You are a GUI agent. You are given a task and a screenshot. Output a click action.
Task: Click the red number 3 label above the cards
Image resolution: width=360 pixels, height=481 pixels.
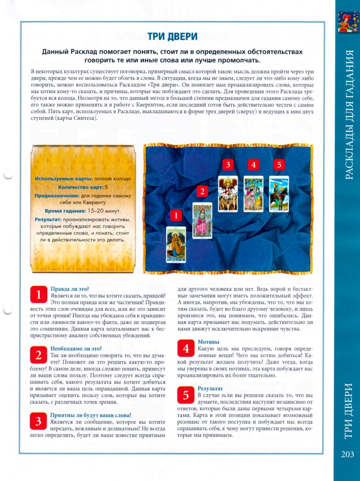[x=228, y=165]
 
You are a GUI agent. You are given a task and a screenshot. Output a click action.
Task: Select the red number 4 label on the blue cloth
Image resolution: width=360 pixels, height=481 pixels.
[x=254, y=165]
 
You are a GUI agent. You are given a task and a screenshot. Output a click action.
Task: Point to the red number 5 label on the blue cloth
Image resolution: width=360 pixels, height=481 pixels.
[x=279, y=165]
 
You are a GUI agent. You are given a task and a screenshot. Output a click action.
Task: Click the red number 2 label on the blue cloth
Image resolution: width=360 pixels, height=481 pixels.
[x=202, y=192]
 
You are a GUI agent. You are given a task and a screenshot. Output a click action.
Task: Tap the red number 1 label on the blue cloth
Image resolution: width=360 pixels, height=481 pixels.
[x=176, y=216]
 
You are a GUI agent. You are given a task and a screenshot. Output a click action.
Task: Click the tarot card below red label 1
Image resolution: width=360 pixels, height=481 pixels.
[x=176, y=244]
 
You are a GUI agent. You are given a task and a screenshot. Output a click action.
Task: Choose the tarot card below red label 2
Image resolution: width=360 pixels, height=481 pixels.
[x=202, y=220]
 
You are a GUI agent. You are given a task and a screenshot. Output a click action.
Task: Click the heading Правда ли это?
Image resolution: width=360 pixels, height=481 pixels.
[x=69, y=289]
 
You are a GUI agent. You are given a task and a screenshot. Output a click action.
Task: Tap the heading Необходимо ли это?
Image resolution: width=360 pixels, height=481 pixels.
[x=76, y=348]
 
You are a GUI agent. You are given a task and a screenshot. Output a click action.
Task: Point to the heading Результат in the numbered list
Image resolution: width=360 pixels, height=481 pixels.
[x=210, y=388]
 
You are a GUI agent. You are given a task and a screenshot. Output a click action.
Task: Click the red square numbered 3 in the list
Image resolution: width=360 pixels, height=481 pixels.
[x=38, y=421]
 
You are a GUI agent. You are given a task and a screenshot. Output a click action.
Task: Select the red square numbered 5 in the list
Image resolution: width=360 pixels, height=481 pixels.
[x=186, y=395]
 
